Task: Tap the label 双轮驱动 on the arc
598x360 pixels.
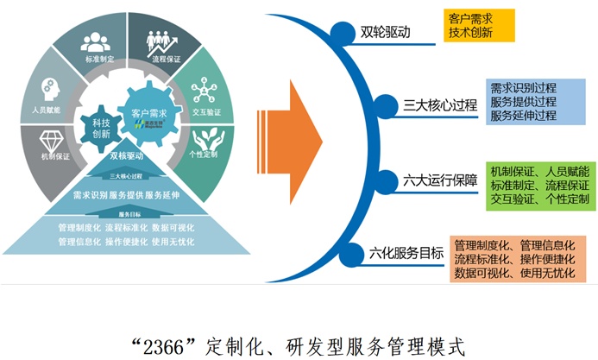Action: click(x=384, y=34)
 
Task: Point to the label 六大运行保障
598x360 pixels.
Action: click(x=439, y=181)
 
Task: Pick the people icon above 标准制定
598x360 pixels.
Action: click(x=97, y=43)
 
